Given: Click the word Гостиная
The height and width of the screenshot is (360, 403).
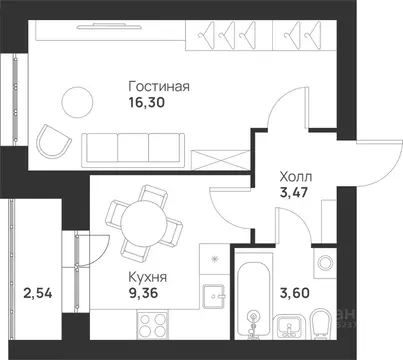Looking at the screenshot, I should tap(159, 86).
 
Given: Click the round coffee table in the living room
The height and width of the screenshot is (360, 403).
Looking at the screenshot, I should tap(75, 102).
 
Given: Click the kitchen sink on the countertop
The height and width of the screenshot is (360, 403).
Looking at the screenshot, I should tap(213, 297).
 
